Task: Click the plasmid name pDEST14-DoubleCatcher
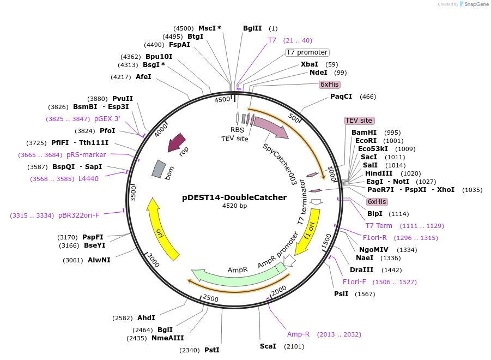click(x=234, y=197)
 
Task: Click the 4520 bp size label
click(x=234, y=206)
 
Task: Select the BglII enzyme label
click(x=252, y=28)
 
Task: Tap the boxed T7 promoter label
click(x=307, y=52)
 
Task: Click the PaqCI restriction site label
click(x=341, y=97)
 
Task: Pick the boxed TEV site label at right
click(x=359, y=121)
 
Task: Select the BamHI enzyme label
click(x=364, y=133)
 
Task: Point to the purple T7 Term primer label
click(x=379, y=226)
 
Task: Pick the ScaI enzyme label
click(x=268, y=346)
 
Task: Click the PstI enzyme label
click(x=212, y=350)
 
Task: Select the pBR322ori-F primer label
click(x=78, y=215)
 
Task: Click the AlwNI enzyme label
click(x=99, y=260)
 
